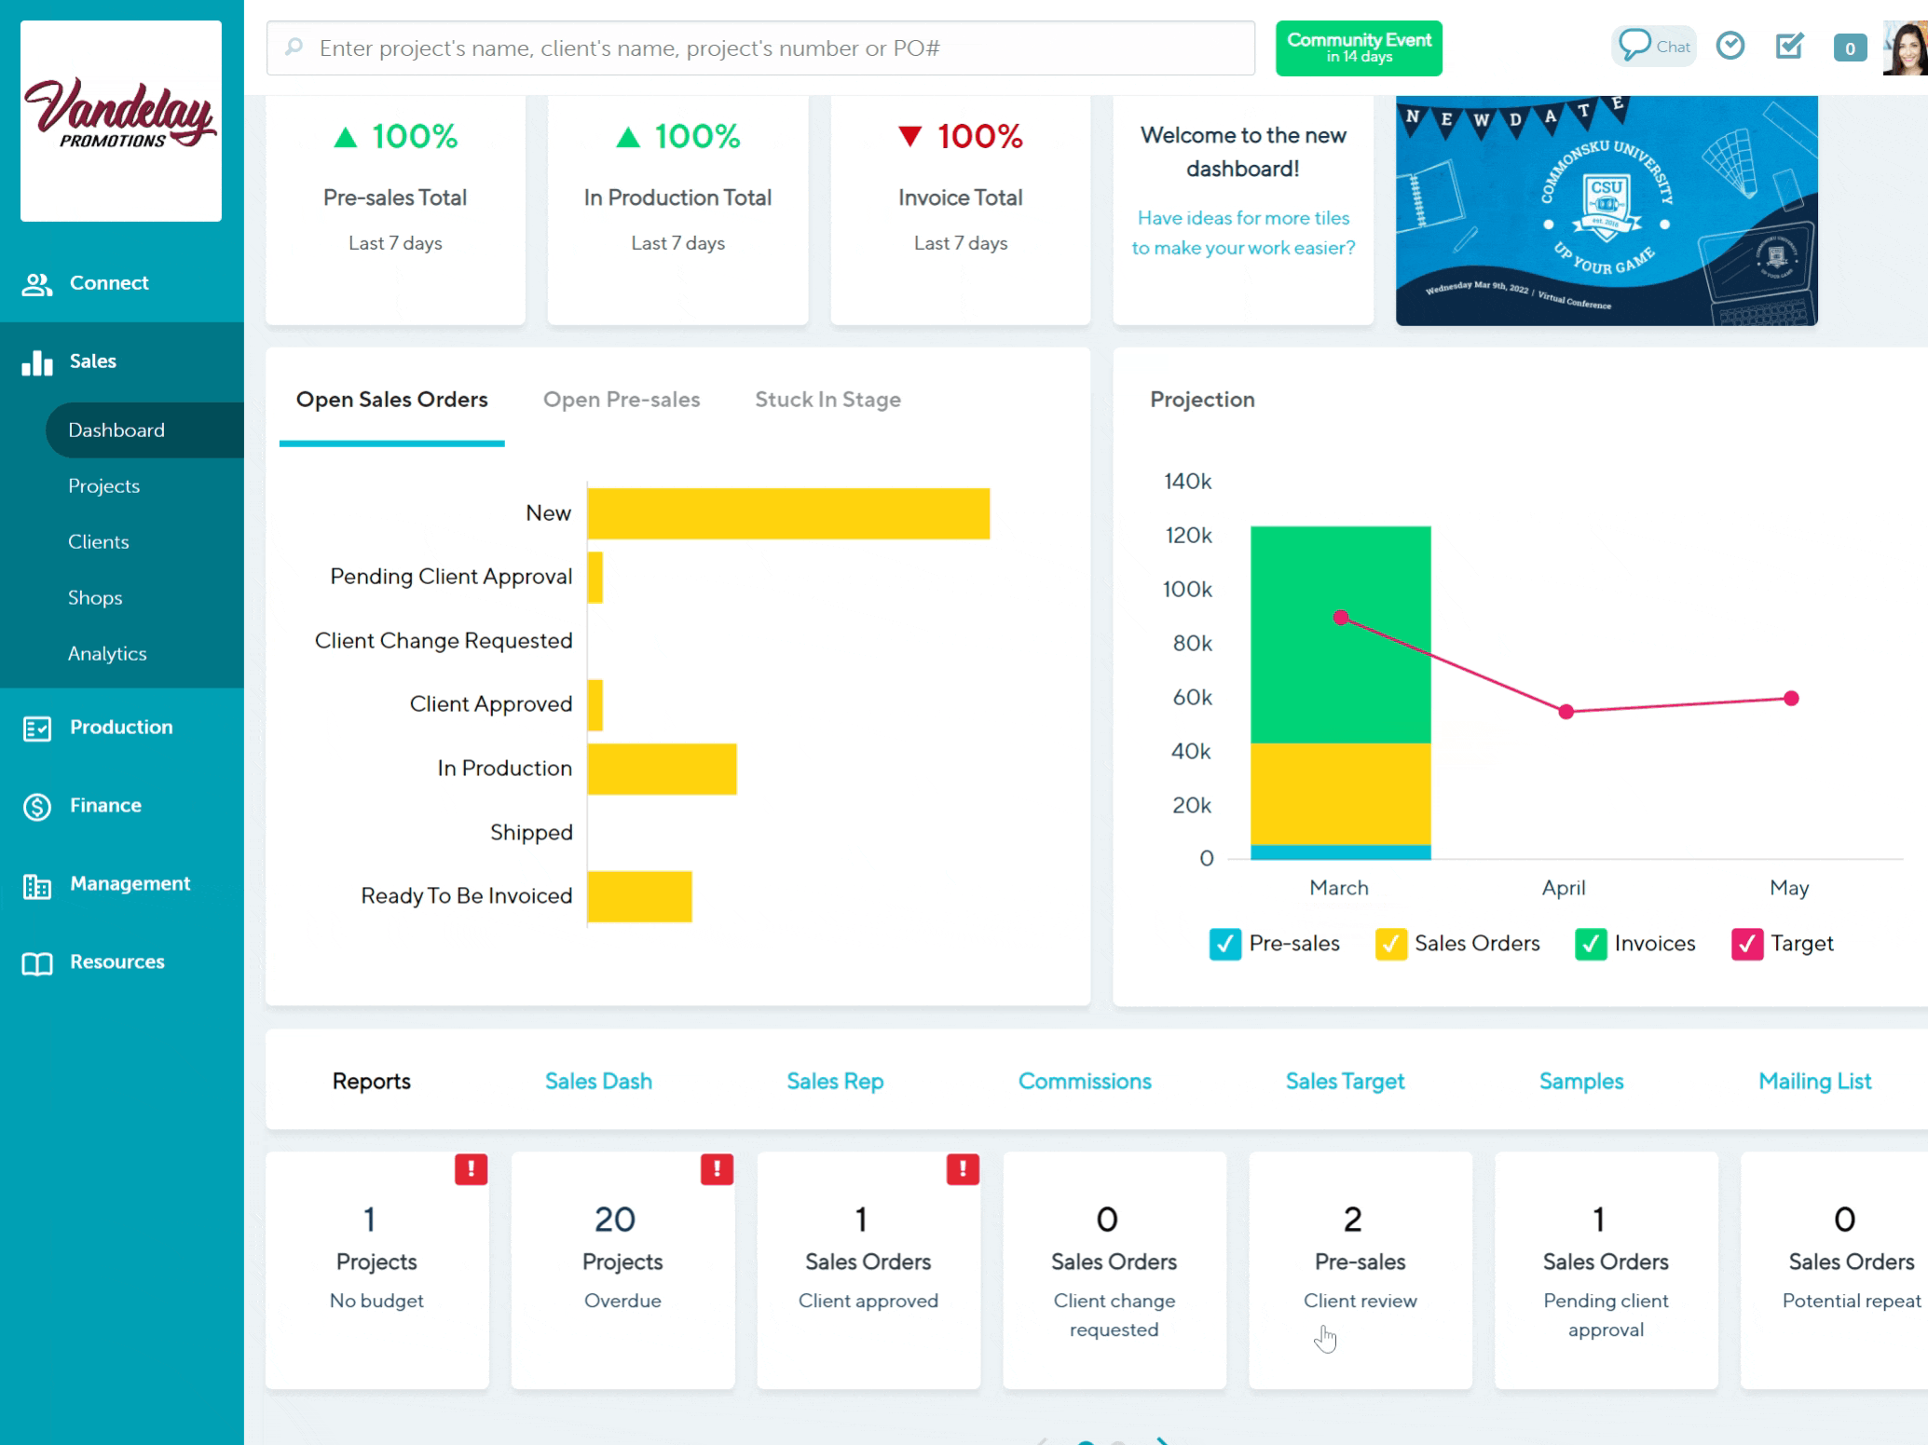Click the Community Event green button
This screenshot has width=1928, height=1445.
click(1358, 48)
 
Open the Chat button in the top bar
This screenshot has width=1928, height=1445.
click(1654, 47)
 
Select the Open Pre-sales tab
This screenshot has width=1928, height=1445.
click(621, 400)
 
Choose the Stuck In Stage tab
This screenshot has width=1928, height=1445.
click(827, 400)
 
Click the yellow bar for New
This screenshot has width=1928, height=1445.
click(787, 513)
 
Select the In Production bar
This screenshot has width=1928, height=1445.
click(662, 769)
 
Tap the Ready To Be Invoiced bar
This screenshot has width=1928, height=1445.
click(639, 896)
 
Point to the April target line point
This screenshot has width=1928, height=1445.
click(1566, 712)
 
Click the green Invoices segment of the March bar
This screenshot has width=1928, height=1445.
click(1340, 634)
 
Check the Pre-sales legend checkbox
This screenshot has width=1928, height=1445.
click(1224, 944)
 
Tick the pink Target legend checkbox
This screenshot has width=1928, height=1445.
click(1746, 944)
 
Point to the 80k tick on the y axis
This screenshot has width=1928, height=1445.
click(1192, 643)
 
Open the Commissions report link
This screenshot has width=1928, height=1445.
click(1084, 1081)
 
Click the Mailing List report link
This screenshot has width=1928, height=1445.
click(1813, 1081)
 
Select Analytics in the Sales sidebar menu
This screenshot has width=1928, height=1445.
click(107, 654)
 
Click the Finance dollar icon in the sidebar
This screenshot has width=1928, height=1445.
click(37, 806)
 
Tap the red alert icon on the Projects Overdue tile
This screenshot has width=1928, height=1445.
click(717, 1168)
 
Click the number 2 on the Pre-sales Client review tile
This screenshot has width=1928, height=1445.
click(1352, 1219)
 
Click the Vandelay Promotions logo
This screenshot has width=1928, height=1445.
click(121, 121)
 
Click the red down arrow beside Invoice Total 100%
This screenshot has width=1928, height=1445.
click(909, 137)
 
